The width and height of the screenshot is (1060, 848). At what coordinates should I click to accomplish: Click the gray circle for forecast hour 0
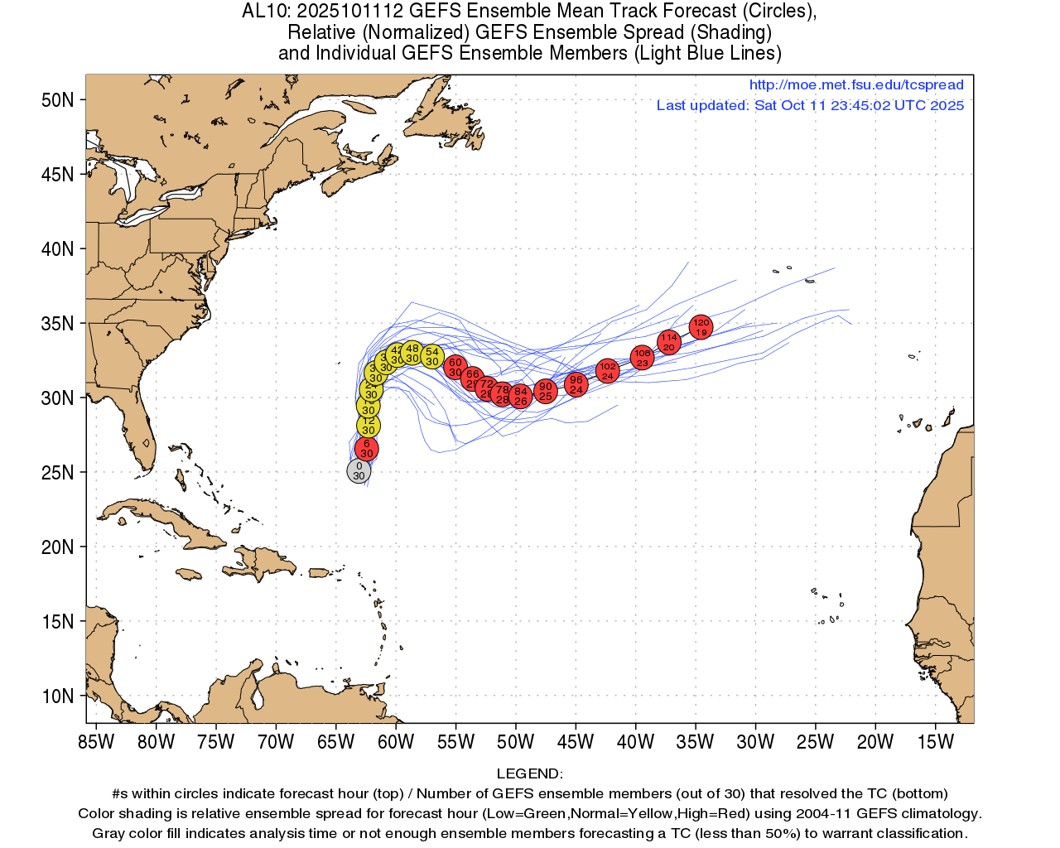click(359, 471)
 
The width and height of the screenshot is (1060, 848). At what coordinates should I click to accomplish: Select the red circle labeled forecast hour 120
click(701, 327)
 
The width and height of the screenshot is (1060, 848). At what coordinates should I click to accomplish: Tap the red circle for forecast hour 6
click(367, 449)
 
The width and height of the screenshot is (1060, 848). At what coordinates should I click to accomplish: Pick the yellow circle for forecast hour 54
click(432, 357)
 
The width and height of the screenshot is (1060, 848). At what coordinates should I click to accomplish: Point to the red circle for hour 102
click(608, 371)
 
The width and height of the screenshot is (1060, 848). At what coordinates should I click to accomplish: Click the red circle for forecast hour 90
click(545, 392)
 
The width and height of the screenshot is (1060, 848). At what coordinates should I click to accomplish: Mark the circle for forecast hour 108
click(643, 358)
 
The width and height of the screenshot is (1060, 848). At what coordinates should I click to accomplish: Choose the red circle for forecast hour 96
click(576, 384)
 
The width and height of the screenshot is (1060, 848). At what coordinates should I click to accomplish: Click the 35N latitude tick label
click(58, 324)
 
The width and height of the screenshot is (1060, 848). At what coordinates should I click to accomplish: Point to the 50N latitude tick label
click(58, 100)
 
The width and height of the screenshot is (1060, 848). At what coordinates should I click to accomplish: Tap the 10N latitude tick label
click(58, 696)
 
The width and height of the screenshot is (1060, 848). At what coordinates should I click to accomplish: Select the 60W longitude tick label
click(396, 742)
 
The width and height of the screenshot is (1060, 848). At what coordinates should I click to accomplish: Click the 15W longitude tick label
click(936, 742)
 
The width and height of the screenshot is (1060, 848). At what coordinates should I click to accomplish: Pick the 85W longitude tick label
click(96, 742)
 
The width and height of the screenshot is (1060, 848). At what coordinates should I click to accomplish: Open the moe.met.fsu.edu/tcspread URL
click(856, 84)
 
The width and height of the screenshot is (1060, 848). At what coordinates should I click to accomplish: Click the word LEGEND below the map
click(529, 773)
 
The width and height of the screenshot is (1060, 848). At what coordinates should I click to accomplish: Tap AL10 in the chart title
click(263, 12)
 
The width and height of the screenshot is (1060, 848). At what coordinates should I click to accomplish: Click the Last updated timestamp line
click(810, 105)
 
